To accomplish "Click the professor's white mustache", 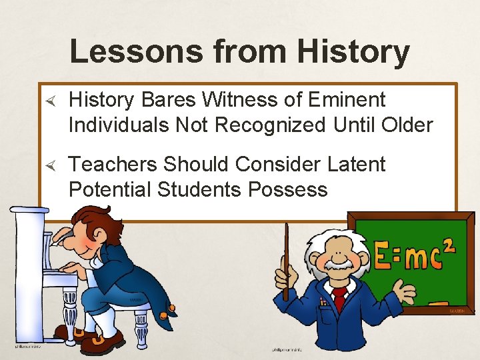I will [x=339, y=265].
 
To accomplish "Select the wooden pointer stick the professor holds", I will [x=287, y=260].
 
